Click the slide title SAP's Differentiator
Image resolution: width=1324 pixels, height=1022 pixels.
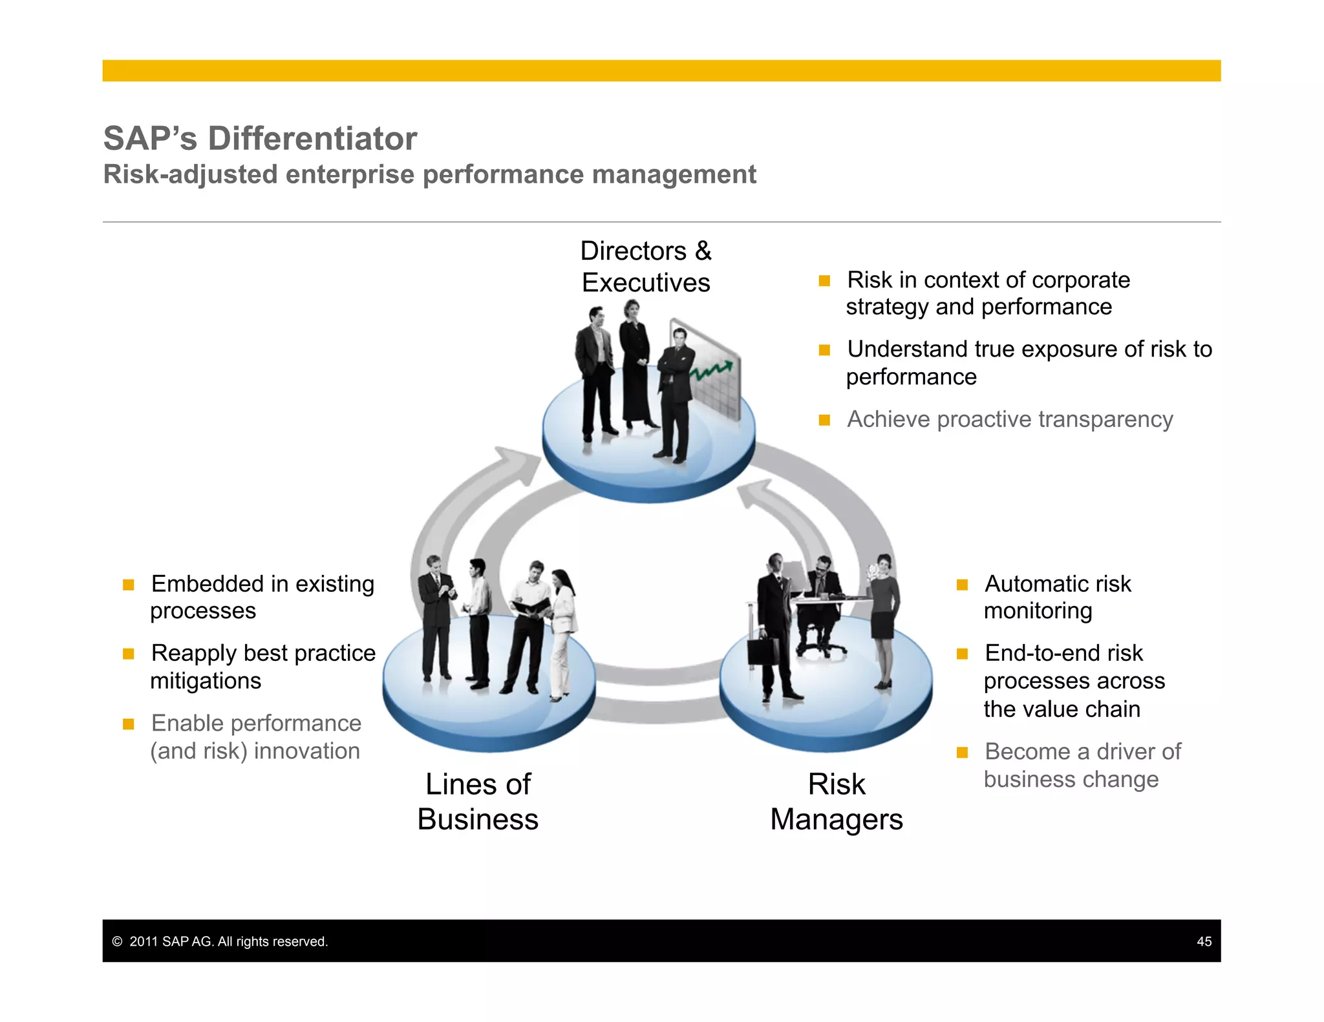[260, 138]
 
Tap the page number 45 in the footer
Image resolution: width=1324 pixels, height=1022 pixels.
[1204, 941]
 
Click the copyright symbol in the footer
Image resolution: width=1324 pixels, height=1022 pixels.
[117, 941]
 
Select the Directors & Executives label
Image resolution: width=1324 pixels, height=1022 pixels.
[645, 267]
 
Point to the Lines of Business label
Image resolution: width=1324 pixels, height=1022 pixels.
[478, 802]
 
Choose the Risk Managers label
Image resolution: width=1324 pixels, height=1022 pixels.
[836, 802]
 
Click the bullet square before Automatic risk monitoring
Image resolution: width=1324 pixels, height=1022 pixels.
[962, 585]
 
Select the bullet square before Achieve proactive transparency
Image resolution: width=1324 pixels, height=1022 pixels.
[824, 420]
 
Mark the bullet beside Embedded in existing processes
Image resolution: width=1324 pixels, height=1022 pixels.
[129, 585]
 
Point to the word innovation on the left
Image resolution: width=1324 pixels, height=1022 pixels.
[306, 751]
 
